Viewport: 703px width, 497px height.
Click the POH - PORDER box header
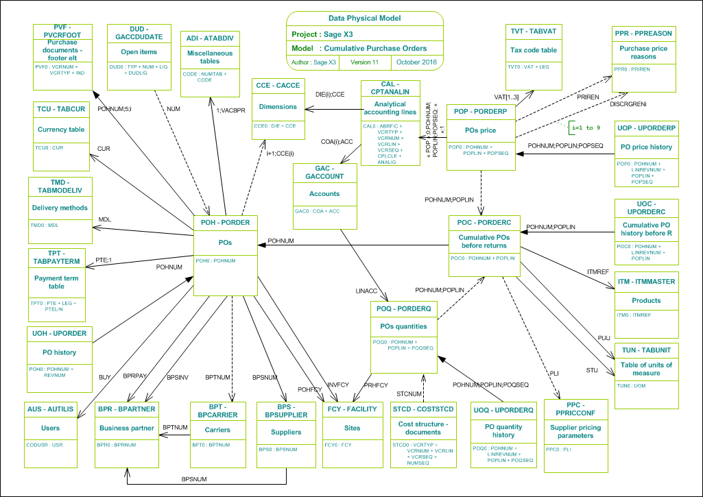point(225,222)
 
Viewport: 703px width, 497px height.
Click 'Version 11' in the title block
point(364,62)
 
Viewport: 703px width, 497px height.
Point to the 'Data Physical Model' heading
point(365,19)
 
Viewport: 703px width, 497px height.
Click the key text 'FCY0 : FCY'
point(337,444)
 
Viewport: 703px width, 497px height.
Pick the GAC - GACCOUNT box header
point(324,171)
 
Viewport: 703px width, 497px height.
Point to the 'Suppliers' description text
point(286,432)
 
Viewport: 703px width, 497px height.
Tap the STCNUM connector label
point(410,393)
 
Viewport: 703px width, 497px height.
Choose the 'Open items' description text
point(139,51)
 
